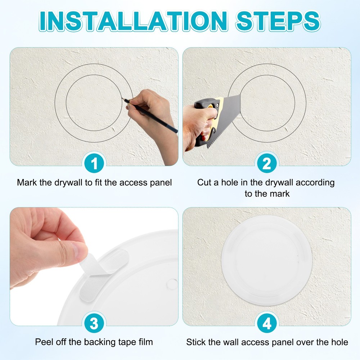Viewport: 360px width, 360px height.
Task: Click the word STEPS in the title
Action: (x=278, y=21)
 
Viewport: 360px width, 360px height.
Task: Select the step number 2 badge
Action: (x=267, y=164)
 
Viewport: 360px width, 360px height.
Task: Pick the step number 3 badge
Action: (x=94, y=324)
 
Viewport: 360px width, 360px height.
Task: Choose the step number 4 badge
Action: (x=267, y=324)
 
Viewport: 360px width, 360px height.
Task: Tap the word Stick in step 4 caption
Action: (x=195, y=342)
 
